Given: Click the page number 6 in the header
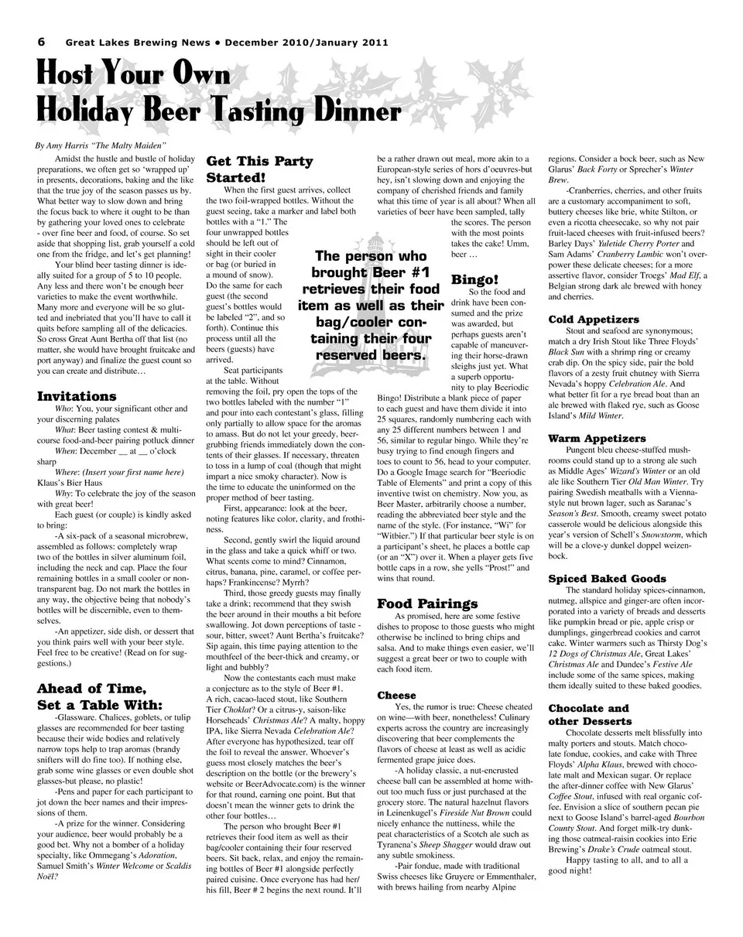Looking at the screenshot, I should point(42,43).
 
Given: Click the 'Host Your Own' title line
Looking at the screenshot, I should point(134,76).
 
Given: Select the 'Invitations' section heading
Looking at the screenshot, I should point(77,396).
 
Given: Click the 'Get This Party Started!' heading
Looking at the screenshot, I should point(259,169).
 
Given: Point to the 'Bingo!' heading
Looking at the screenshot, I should point(474,279).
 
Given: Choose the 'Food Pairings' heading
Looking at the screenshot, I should point(426,603).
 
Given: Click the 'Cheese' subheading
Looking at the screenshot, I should point(396,695).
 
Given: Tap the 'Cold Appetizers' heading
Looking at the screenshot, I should point(593,319).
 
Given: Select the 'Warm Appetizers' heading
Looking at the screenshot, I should point(596,438).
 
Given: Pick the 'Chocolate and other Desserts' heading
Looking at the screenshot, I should point(589,714).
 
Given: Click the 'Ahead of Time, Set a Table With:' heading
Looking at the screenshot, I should point(100,696).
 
